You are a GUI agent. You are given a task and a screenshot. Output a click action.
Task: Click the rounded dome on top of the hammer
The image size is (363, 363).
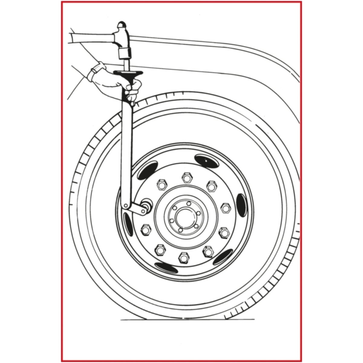[x=122, y=25]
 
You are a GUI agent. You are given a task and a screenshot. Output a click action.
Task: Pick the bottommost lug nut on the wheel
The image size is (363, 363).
[x=183, y=257]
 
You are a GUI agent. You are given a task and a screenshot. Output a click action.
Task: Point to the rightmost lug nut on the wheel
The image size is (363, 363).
[x=226, y=208]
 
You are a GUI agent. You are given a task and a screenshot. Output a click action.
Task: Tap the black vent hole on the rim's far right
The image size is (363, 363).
[x=241, y=204]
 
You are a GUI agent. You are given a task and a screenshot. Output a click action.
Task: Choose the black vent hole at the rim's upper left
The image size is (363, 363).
[x=147, y=170]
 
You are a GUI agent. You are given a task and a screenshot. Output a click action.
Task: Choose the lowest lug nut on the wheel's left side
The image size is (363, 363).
[x=160, y=250]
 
